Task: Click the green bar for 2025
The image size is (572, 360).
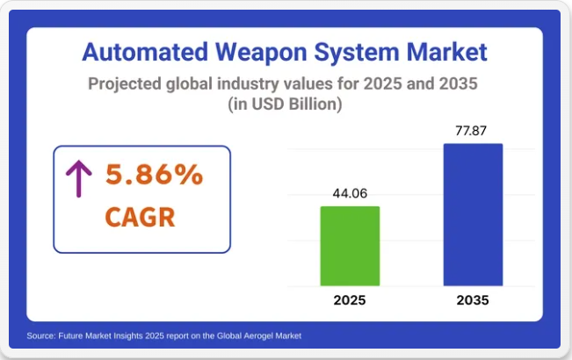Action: coord(350,246)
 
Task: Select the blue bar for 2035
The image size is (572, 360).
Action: coord(473,214)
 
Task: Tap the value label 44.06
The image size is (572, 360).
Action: coord(350,193)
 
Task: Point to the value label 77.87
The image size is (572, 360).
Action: coord(471,131)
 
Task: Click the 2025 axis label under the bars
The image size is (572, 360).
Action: coord(350,300)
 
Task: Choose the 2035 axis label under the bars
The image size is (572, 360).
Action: coord(473,300)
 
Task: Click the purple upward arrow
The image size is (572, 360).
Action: coord(79,178)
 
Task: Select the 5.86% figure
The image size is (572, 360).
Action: coord(154,175)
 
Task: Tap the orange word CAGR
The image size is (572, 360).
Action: coord(140,217)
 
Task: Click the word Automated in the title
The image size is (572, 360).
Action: coord(145,52)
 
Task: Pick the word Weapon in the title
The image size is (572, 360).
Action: coord(261,53)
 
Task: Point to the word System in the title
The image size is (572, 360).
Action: coord(357,53)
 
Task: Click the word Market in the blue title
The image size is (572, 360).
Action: coord(447,52)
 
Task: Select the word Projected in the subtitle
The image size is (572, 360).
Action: coord(125,84)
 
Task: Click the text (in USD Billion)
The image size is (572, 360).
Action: coord(285,104)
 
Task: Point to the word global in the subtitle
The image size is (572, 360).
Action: coord(189,84)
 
